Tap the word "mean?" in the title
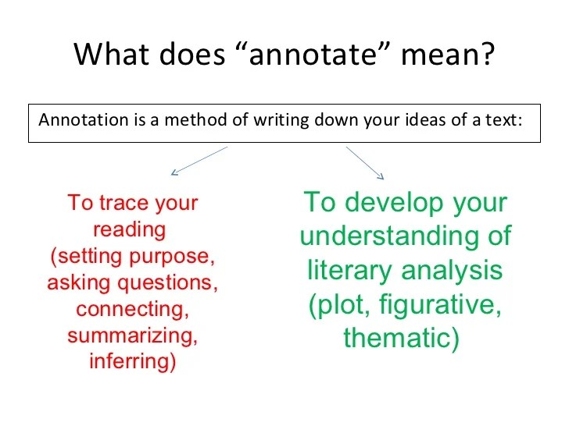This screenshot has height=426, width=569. coord(448,55)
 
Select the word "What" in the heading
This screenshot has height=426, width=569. coord(112,54)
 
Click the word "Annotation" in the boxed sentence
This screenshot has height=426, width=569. coord(84,119)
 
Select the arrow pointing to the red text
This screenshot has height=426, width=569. coord(199,161)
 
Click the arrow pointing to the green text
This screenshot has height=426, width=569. coord(365,162)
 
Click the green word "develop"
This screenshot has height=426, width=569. coord(394,204)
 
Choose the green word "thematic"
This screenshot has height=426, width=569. coord(397,338)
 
